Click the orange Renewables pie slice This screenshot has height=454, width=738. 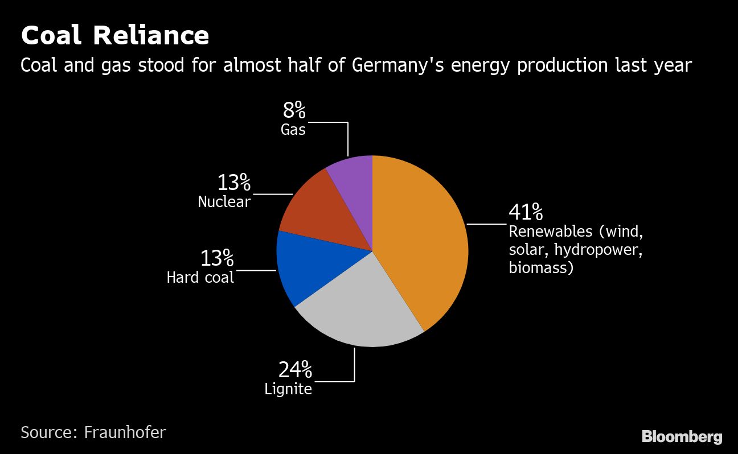(421, 239)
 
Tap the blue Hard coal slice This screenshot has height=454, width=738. (310, 267)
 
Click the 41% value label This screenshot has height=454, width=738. (525, 212)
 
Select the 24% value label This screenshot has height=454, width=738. (295, 370)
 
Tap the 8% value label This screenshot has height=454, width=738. (294, 110)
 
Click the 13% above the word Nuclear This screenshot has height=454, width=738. (233, 183)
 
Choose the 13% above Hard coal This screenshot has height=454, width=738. (216, 258)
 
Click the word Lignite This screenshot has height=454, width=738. (288, 389)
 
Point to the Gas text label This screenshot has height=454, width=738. (293, 130)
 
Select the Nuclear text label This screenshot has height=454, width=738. (224, 201)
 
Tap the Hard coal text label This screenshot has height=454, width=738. (200, 278)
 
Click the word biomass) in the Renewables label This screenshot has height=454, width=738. (540, 267)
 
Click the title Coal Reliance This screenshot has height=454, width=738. (115, 35)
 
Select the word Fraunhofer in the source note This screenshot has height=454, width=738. (125, 432)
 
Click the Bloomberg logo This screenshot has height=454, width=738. (682, 436)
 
